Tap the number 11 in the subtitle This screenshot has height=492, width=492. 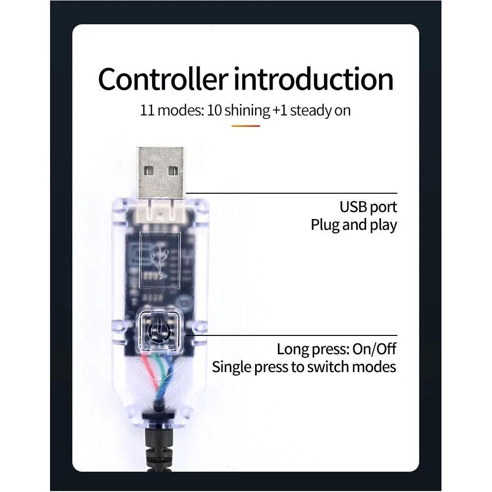[147, 110]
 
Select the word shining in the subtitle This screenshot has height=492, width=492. [247, 111]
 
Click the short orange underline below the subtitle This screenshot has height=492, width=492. [246, 126]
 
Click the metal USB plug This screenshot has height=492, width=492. [161, 172]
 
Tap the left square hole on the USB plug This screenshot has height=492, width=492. [149, 171]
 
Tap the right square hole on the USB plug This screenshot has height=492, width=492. [173, 171]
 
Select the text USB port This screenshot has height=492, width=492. [368, 207]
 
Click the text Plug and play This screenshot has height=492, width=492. [354, 225]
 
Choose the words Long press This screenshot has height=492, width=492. [313, 349]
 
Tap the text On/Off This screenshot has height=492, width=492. [375, 349]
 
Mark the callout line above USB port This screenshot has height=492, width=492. [291, 193]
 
